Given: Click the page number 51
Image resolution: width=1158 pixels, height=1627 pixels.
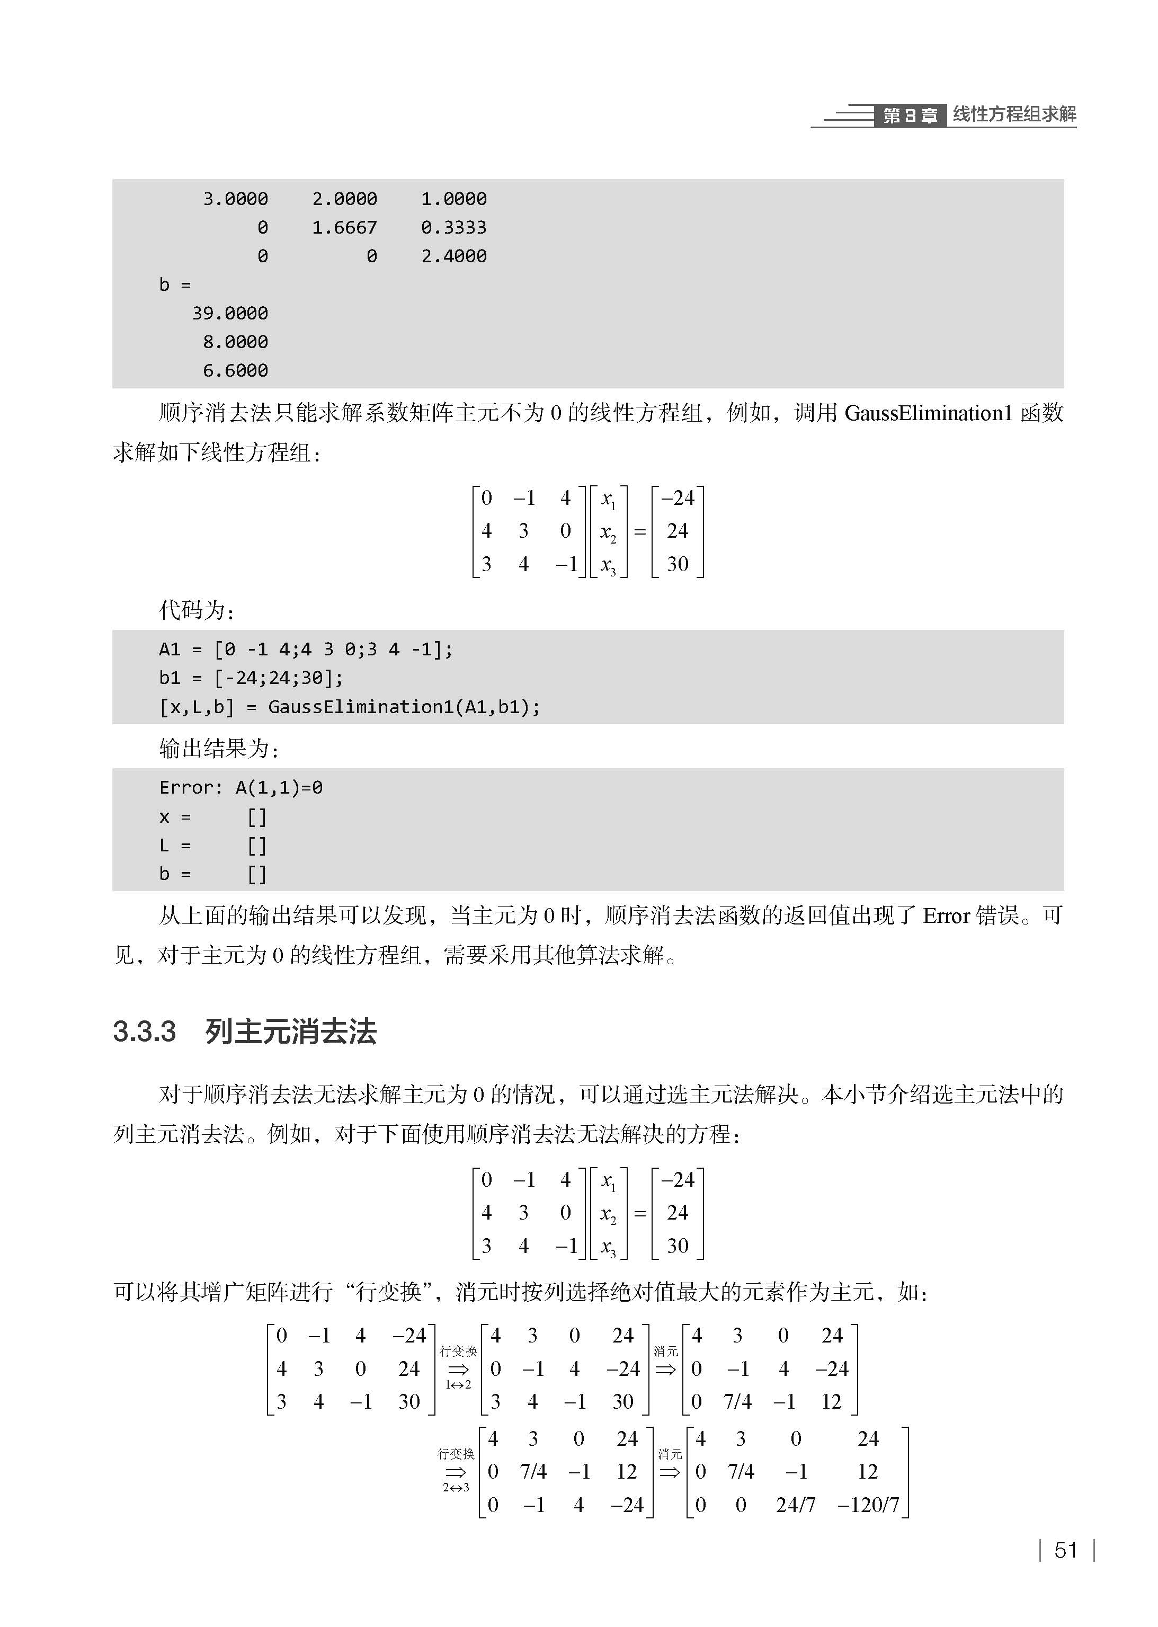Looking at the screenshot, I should tap(1065, 1550).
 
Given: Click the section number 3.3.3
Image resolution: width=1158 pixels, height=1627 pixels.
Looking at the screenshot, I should tap(144, 1032).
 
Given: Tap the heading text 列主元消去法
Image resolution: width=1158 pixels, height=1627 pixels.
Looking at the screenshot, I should tap(290, 1032).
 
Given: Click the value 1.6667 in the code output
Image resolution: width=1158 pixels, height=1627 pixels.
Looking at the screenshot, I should tap(344, 227).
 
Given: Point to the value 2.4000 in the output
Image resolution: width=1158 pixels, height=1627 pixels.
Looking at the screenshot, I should tap(453, 256).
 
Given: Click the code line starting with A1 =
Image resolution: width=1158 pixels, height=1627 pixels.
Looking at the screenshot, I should tap(305, 650).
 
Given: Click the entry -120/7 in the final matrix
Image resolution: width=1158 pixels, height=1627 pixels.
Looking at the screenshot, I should tap(868, 1505).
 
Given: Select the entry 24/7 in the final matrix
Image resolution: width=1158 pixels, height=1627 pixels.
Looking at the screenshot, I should tap(795, 1505).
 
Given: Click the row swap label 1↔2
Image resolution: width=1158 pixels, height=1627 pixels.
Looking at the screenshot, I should tap(458, 1384).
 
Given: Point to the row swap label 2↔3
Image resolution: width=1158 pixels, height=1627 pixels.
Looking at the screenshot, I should tap(456, 1487).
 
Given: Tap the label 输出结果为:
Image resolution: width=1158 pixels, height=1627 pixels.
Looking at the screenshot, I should tap(219, 749).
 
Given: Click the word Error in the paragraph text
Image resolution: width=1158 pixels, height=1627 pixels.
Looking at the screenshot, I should tap(945, 915).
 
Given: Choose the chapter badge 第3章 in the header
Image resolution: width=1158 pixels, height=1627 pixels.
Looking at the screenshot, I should tap(910, 115).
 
